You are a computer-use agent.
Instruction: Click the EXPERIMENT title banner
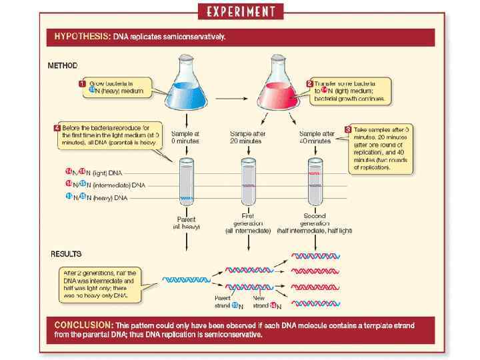pyautogui.click(x=241, y=11)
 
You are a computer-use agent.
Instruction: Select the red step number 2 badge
pyautogui.click(x=309, y=83)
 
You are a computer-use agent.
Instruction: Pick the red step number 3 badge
pyautogui.click(x=347, y=129)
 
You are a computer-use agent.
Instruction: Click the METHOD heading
pyautogui.click(x=63, y=65)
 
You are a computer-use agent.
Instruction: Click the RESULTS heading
pyautogui.click(x=66, y=254)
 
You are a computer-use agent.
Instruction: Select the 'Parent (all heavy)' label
pyautogui.click(x=186, y=223)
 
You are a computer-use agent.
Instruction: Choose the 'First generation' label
pyautogui.click(x=248, y=219)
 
